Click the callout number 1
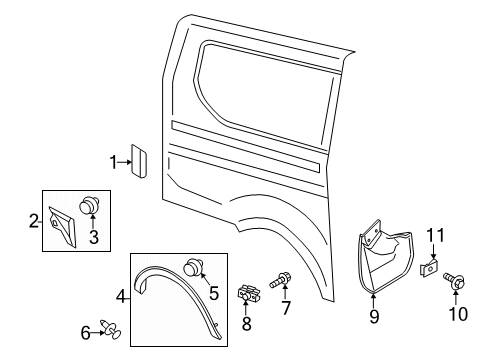point(114,163)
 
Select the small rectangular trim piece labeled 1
point(139,161)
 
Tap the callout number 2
point(34,221)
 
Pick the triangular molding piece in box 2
point(63,227)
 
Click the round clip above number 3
point(90,205)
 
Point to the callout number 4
point(121,296)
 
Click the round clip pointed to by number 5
point(194,267)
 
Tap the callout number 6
point(85,333)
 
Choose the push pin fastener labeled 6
point(111,329)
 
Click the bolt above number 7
point(281,280)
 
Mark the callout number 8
point(246,323)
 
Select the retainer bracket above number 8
point(248,294)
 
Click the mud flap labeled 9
point(385,258)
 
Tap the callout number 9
point(374,316)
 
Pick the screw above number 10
point(454,281)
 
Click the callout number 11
point(436,236)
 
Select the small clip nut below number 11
point(429,267)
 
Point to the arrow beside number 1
point(125,162)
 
